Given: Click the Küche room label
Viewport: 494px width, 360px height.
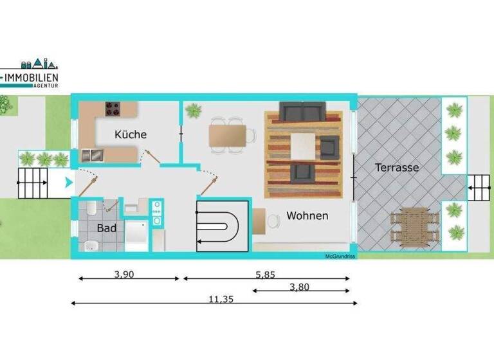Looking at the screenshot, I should [x=131, y=134].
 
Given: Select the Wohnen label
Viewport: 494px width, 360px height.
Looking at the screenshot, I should [x=307, y=215].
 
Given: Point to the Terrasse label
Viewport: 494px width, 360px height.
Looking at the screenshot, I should [x=397, y=167].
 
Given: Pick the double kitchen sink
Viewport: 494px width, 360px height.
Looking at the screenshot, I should [x=93, y=154].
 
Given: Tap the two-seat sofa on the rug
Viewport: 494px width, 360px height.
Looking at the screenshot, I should [x=302, y=113].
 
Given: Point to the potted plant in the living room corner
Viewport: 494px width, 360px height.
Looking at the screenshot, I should [x=193, y=111].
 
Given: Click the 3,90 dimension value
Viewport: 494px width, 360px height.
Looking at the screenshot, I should [x=125, y=274].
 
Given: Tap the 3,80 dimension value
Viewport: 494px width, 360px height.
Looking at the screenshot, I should [x=299, y=287].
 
